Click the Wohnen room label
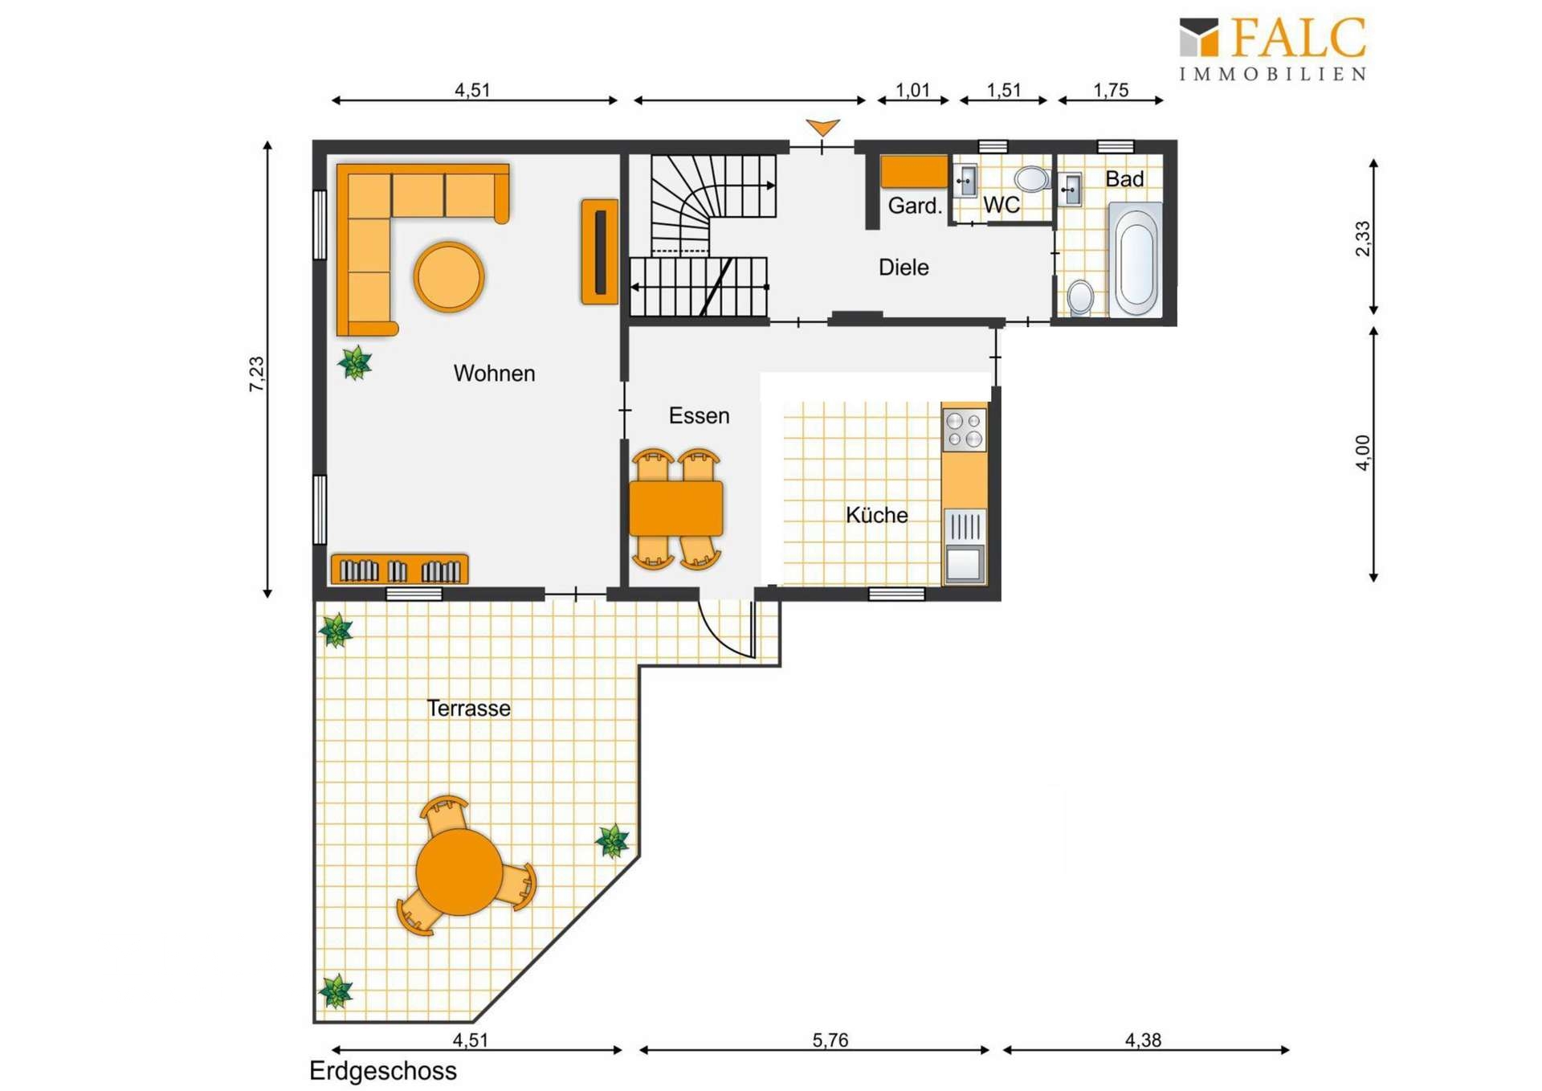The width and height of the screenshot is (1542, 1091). (494, 374)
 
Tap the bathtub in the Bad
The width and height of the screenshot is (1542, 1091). (1136, 259)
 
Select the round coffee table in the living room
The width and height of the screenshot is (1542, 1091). (449, 276)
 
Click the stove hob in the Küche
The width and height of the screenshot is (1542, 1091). (964, 430)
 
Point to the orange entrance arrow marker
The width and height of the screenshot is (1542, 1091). (823, 127)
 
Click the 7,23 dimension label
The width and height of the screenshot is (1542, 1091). (256, 374)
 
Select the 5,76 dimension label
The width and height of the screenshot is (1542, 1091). (830, 1040)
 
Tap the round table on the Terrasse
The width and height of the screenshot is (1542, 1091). (459, 872)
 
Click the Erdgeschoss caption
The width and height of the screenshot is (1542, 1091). (383, 1071)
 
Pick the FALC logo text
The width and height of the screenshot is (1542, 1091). (1298, 39)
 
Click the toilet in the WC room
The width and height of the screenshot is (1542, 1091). (1031, 178)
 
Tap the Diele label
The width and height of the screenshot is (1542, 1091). (904, 268)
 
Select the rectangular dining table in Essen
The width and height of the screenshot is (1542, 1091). (675, 508)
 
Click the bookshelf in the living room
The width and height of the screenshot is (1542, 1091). (400, 569)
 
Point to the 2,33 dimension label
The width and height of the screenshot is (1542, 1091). (1363, 239)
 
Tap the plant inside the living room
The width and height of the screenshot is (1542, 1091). (355, 362)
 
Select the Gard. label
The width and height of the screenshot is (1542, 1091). (915, 206)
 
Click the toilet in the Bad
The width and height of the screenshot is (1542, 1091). (1080, 296)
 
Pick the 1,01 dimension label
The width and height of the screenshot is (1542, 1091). (912, 90)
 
